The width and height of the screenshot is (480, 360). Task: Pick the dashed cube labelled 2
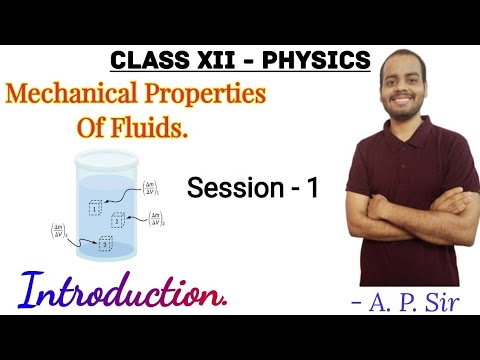pyautogui.click(x=118, y=220)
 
